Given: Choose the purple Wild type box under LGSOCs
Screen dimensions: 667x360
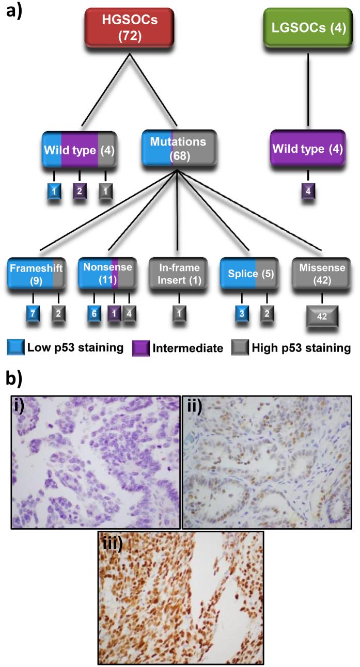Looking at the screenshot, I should [308, 150].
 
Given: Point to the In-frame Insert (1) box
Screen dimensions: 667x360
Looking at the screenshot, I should [179, 274].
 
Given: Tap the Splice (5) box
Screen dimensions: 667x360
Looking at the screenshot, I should [249, 274].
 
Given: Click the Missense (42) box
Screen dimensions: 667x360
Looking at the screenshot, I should [322, 274].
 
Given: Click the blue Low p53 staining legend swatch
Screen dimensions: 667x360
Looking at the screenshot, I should [15, 348].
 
